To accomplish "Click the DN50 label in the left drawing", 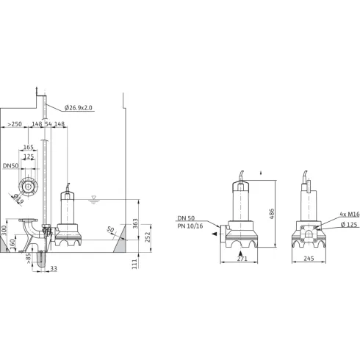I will [10, 168].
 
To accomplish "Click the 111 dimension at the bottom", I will [134, 264].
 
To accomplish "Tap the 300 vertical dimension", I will [4, 231].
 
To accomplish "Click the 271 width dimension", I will [241, 260].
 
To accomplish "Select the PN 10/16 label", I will [191, 227].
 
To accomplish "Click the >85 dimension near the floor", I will [29, 258].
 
